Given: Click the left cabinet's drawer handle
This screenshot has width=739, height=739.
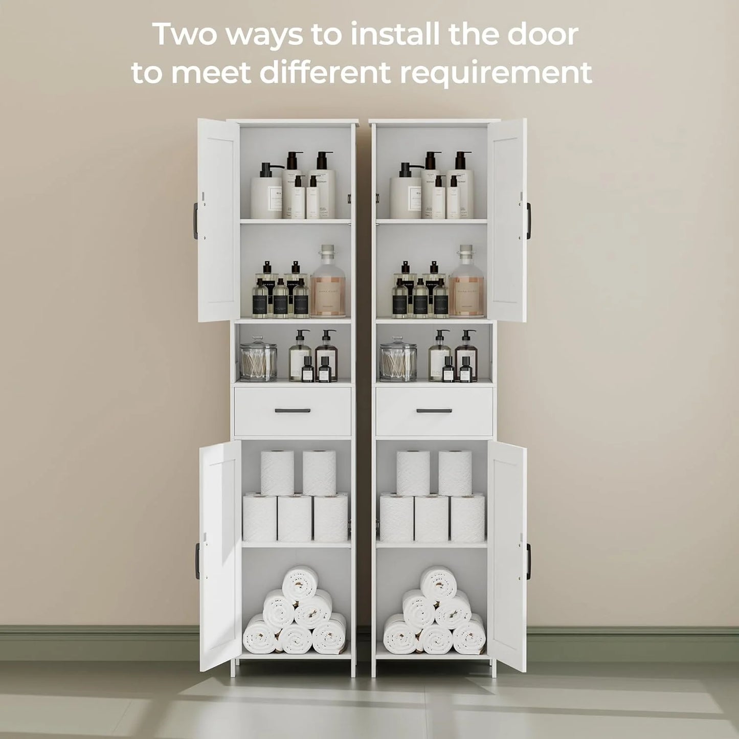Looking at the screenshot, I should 293,410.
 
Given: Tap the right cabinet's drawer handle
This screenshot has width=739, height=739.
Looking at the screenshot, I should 434,410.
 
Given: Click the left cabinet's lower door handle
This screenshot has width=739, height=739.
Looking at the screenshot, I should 197,559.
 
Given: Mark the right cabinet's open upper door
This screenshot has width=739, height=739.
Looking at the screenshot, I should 506,220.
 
